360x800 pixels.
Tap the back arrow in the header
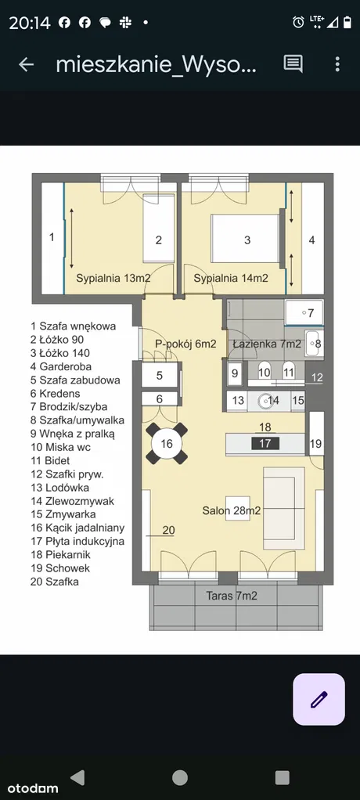[26, 64]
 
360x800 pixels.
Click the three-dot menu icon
[337, 64]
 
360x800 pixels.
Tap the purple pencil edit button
[319, 699]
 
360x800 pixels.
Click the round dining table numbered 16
[167, 443]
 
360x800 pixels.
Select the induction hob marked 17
[265, 443]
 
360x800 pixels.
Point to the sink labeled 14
[267, 401]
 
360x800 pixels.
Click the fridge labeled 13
[238, 401]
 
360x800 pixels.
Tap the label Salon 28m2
[232, 510]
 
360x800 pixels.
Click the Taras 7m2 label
[232, 596]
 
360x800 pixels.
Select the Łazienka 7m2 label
[267, 344]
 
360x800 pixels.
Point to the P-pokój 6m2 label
[185, 344]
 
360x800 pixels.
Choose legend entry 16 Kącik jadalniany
[77, 528]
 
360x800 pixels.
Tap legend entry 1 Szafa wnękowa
[74, 326]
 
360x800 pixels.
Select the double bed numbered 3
[246, 240]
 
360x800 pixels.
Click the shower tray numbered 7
[304, 312]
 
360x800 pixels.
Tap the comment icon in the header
[293, 64]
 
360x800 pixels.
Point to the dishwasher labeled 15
[298, 401]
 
